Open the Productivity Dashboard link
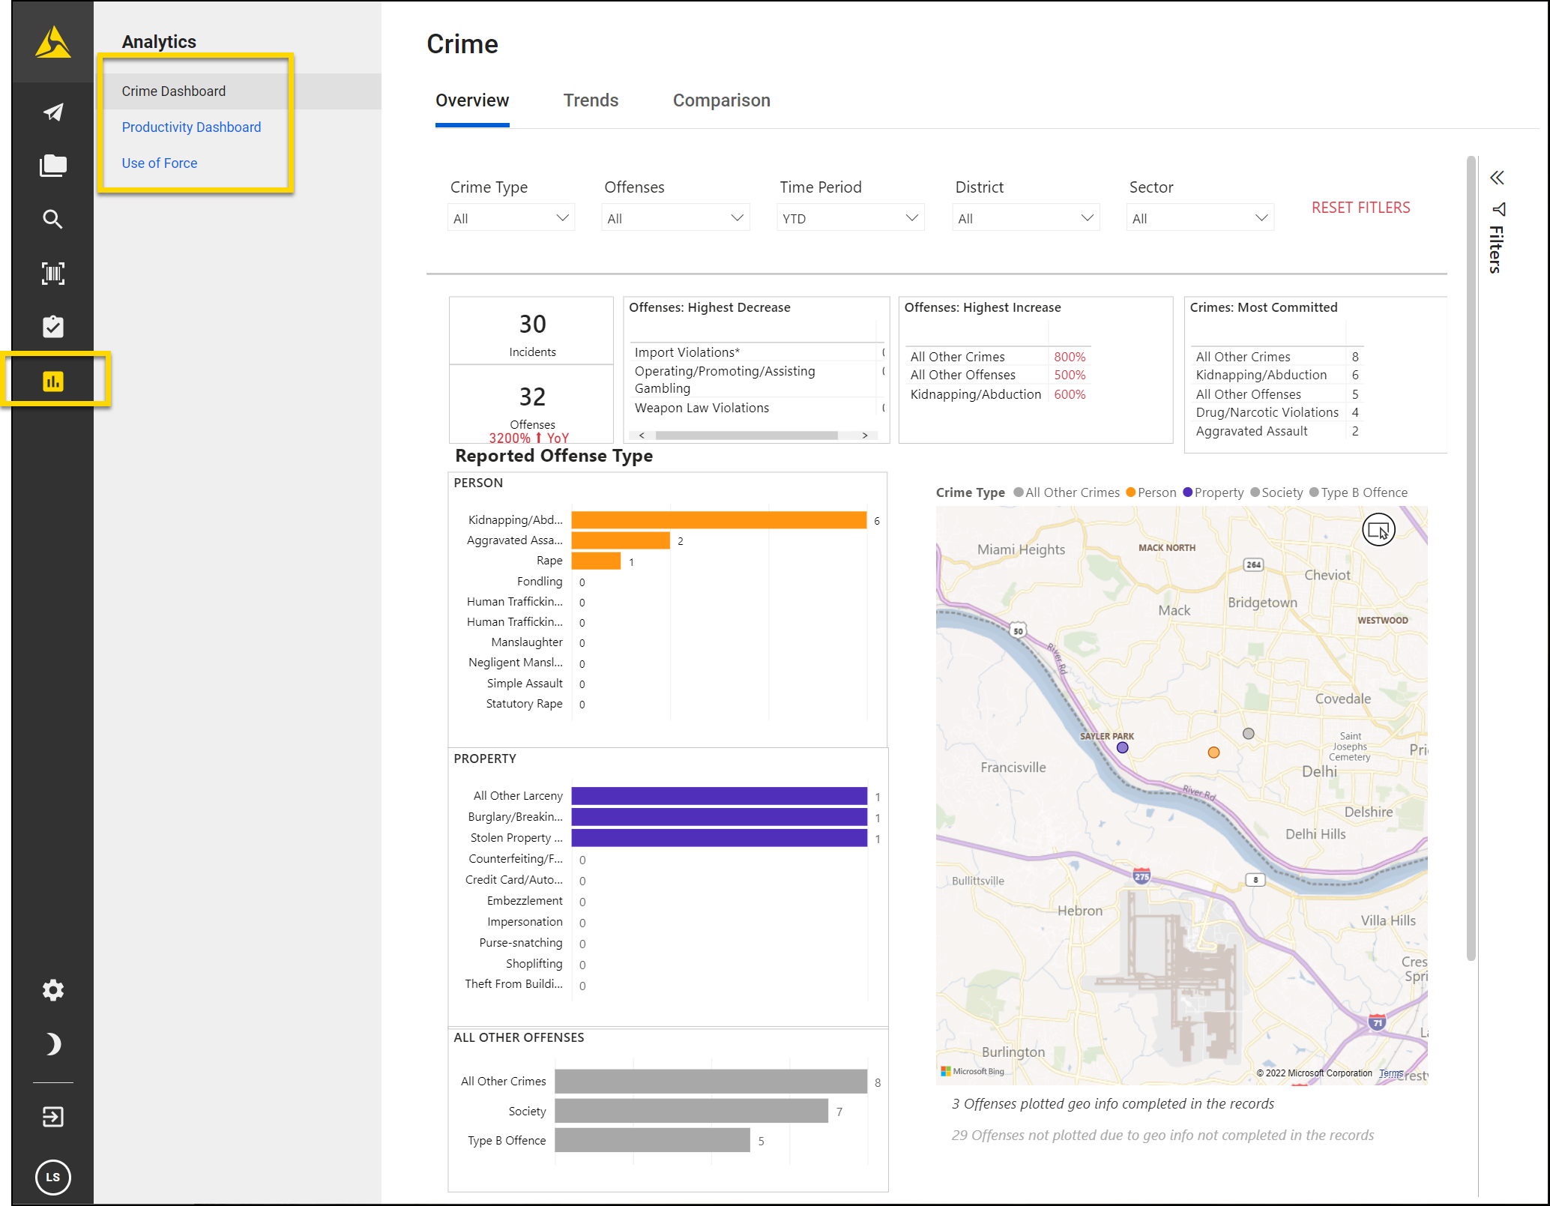pos(191,127)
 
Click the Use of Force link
pos(159,163)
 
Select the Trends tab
pos(591,100)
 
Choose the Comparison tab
pos(721,100)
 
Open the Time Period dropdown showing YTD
pos(850,218)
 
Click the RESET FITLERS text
pos(1360,208)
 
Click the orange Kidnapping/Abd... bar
pos(718,520)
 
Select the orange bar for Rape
pos(596,561)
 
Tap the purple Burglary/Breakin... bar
pos(718,817)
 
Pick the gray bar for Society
pos(690,1111)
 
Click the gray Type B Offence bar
pos(651,1140)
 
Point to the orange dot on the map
pos(1213,753)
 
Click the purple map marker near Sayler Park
pos(1122,747)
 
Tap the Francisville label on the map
pos(1013,768)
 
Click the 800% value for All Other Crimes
pos(1070,357)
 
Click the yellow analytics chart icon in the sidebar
pos(53,382)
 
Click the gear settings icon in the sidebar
pos(53,990)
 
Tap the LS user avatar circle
pos(53,1177)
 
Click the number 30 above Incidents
pos(532,325)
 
